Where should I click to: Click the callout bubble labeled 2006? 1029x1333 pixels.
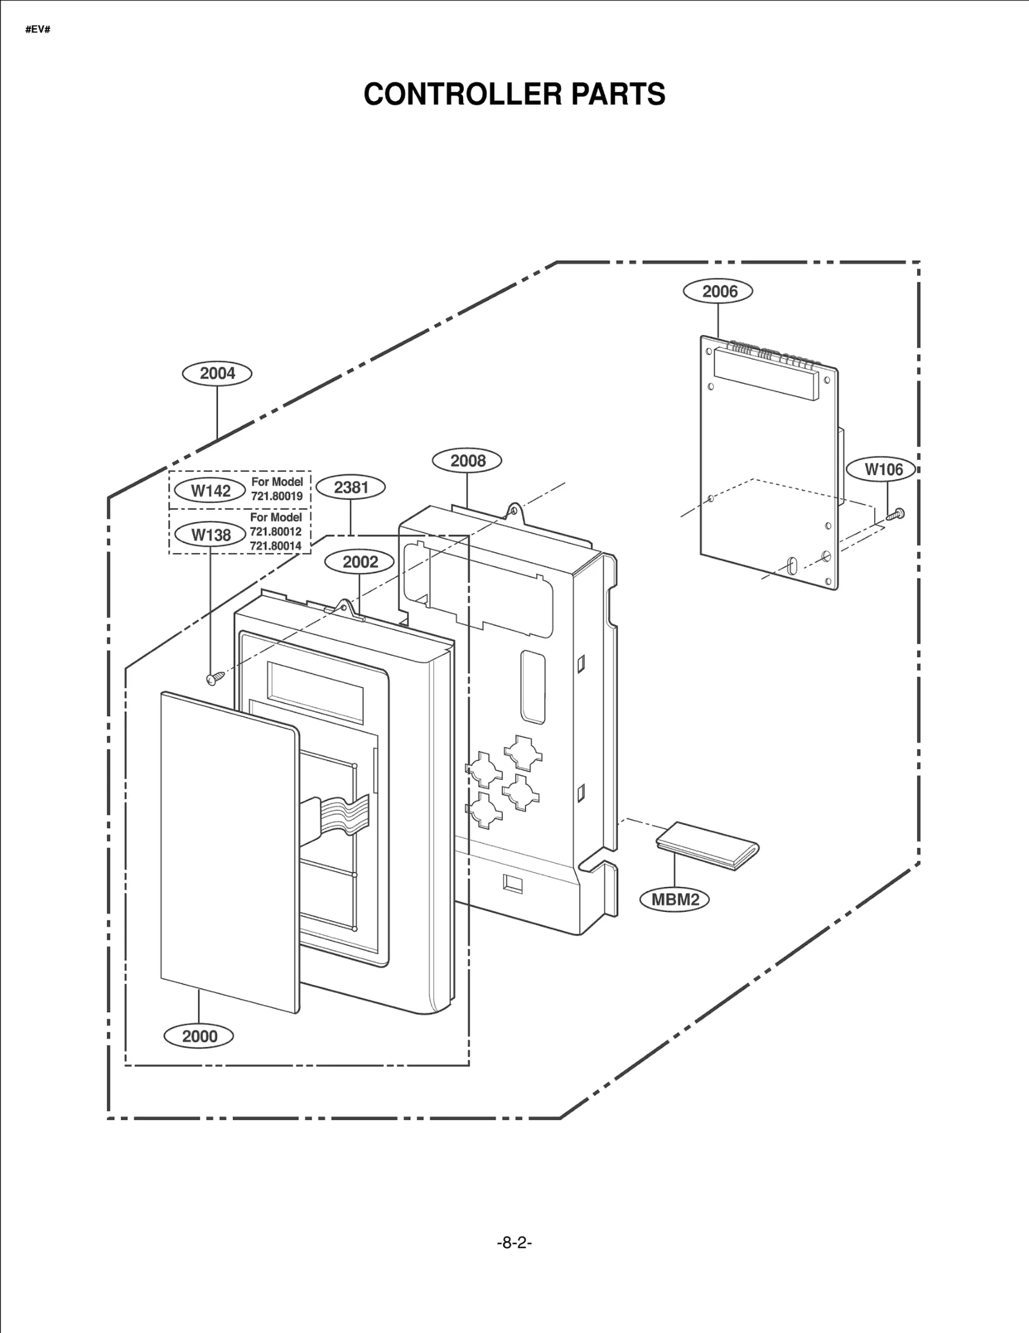coord(718,291)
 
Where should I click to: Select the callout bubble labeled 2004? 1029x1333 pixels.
coord(217,374)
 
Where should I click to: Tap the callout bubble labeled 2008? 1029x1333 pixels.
coord(467,460)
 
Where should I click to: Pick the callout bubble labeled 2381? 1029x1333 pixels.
coord(351,487)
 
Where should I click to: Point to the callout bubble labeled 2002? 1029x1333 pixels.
coord(360,562)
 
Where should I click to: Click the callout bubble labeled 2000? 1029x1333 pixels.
coord(199,1036)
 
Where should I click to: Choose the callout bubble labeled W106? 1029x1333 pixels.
coord(883,469)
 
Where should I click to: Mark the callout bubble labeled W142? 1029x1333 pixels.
coord(210,491)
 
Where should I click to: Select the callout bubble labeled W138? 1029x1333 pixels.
coord(210,534)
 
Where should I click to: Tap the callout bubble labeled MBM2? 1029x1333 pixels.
coord(675,899)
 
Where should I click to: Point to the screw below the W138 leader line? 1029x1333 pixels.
coord(215,678)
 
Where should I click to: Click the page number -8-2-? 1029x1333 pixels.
coord(514,1243)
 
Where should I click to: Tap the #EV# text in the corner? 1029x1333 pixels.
coord(38,30)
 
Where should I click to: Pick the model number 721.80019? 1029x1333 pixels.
coord(277,496)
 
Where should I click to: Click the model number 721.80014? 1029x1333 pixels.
coord(275,546)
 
